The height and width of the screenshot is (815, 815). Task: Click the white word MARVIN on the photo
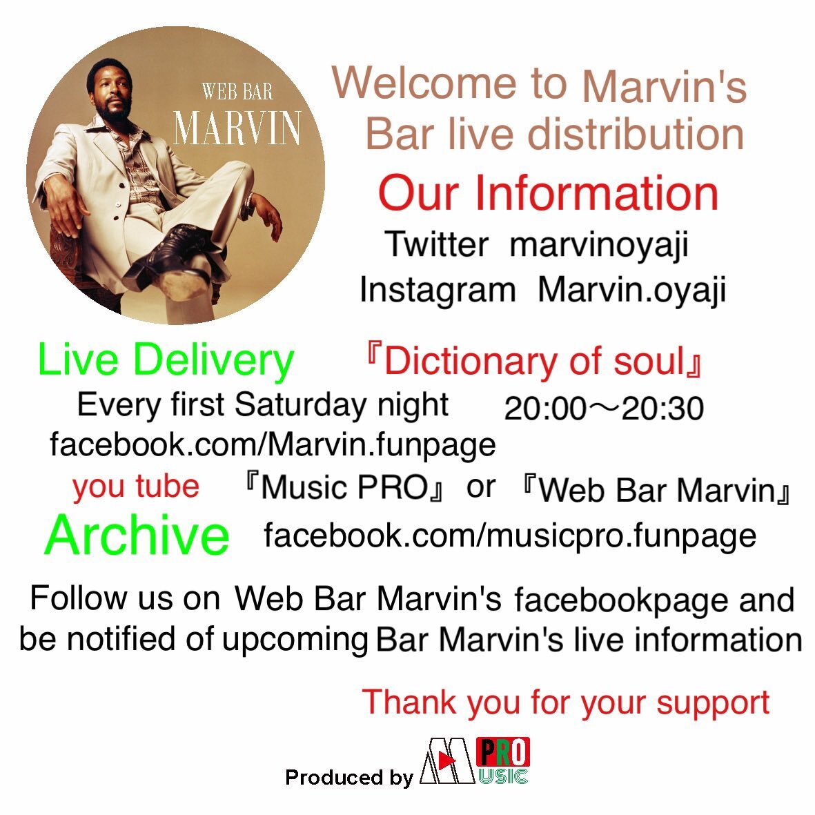(237, 128)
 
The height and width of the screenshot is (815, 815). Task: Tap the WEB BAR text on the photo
(237, 92)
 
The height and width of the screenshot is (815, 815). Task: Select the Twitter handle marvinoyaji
(599, 244)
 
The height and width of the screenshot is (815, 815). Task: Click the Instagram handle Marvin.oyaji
(631, 290)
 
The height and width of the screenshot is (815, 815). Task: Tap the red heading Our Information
(549, 193)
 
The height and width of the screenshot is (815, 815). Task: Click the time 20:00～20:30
(604, 408)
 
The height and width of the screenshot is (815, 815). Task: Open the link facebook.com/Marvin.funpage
(273, 445)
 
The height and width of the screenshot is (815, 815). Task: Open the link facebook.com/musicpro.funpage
(510, 536)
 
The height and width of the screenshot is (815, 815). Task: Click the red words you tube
(136, 487)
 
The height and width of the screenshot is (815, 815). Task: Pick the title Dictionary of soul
(534, 361)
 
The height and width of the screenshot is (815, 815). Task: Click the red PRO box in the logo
(503, 752)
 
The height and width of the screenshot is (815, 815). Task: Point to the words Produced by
(349, 777)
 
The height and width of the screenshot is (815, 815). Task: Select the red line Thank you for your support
(565, 703)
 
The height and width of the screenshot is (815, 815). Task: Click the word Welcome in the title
(424, 84)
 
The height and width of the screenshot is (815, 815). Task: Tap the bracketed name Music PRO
(344, 487)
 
